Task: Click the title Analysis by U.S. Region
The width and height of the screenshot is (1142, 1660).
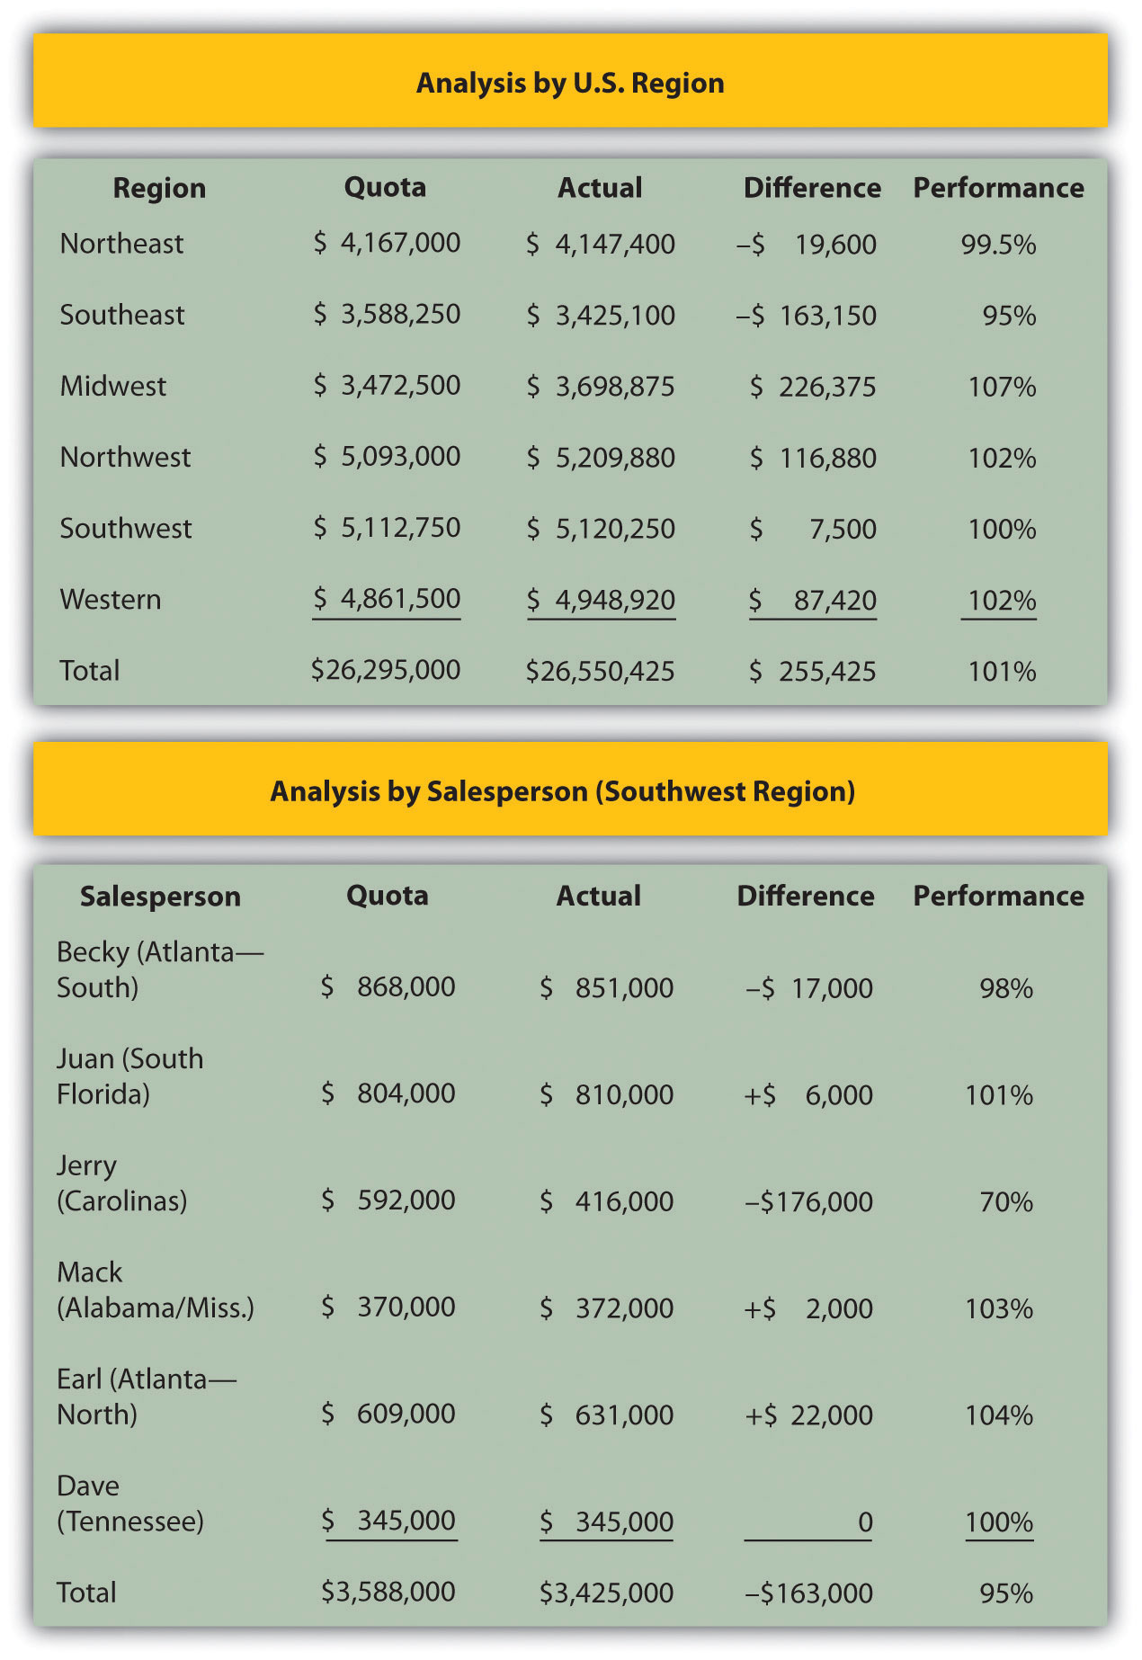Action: (570, 83)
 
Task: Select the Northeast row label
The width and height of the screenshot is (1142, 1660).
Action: (121, 244)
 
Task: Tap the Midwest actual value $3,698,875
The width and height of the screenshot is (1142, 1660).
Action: (601, 387)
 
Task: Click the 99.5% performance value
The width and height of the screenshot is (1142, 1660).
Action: (998, 245)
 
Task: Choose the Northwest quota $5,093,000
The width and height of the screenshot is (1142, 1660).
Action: (387, 457)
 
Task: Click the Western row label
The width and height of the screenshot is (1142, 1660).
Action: (111, 600)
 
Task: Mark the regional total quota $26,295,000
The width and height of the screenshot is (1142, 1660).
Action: (386, 670)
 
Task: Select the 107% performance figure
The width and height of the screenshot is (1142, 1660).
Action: (1002, 387)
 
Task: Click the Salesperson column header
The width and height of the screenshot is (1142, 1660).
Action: (160, 897)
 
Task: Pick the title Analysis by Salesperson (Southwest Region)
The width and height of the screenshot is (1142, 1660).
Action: (563, 791)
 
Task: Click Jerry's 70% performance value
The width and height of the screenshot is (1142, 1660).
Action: (1006, 1201)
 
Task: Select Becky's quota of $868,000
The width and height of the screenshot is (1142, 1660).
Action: (388, 987)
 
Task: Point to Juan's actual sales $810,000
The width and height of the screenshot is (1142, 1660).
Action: (607, 1094)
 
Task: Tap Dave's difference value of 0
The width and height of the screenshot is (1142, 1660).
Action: (864, 1522)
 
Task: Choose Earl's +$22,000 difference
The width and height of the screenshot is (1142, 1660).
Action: (809, 1415)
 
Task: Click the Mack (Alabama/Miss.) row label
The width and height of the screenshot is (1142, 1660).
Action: (155, 1290)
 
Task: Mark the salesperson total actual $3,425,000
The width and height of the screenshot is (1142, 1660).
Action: (607, 1593)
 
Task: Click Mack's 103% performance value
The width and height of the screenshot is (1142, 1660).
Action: (999, 1308)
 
